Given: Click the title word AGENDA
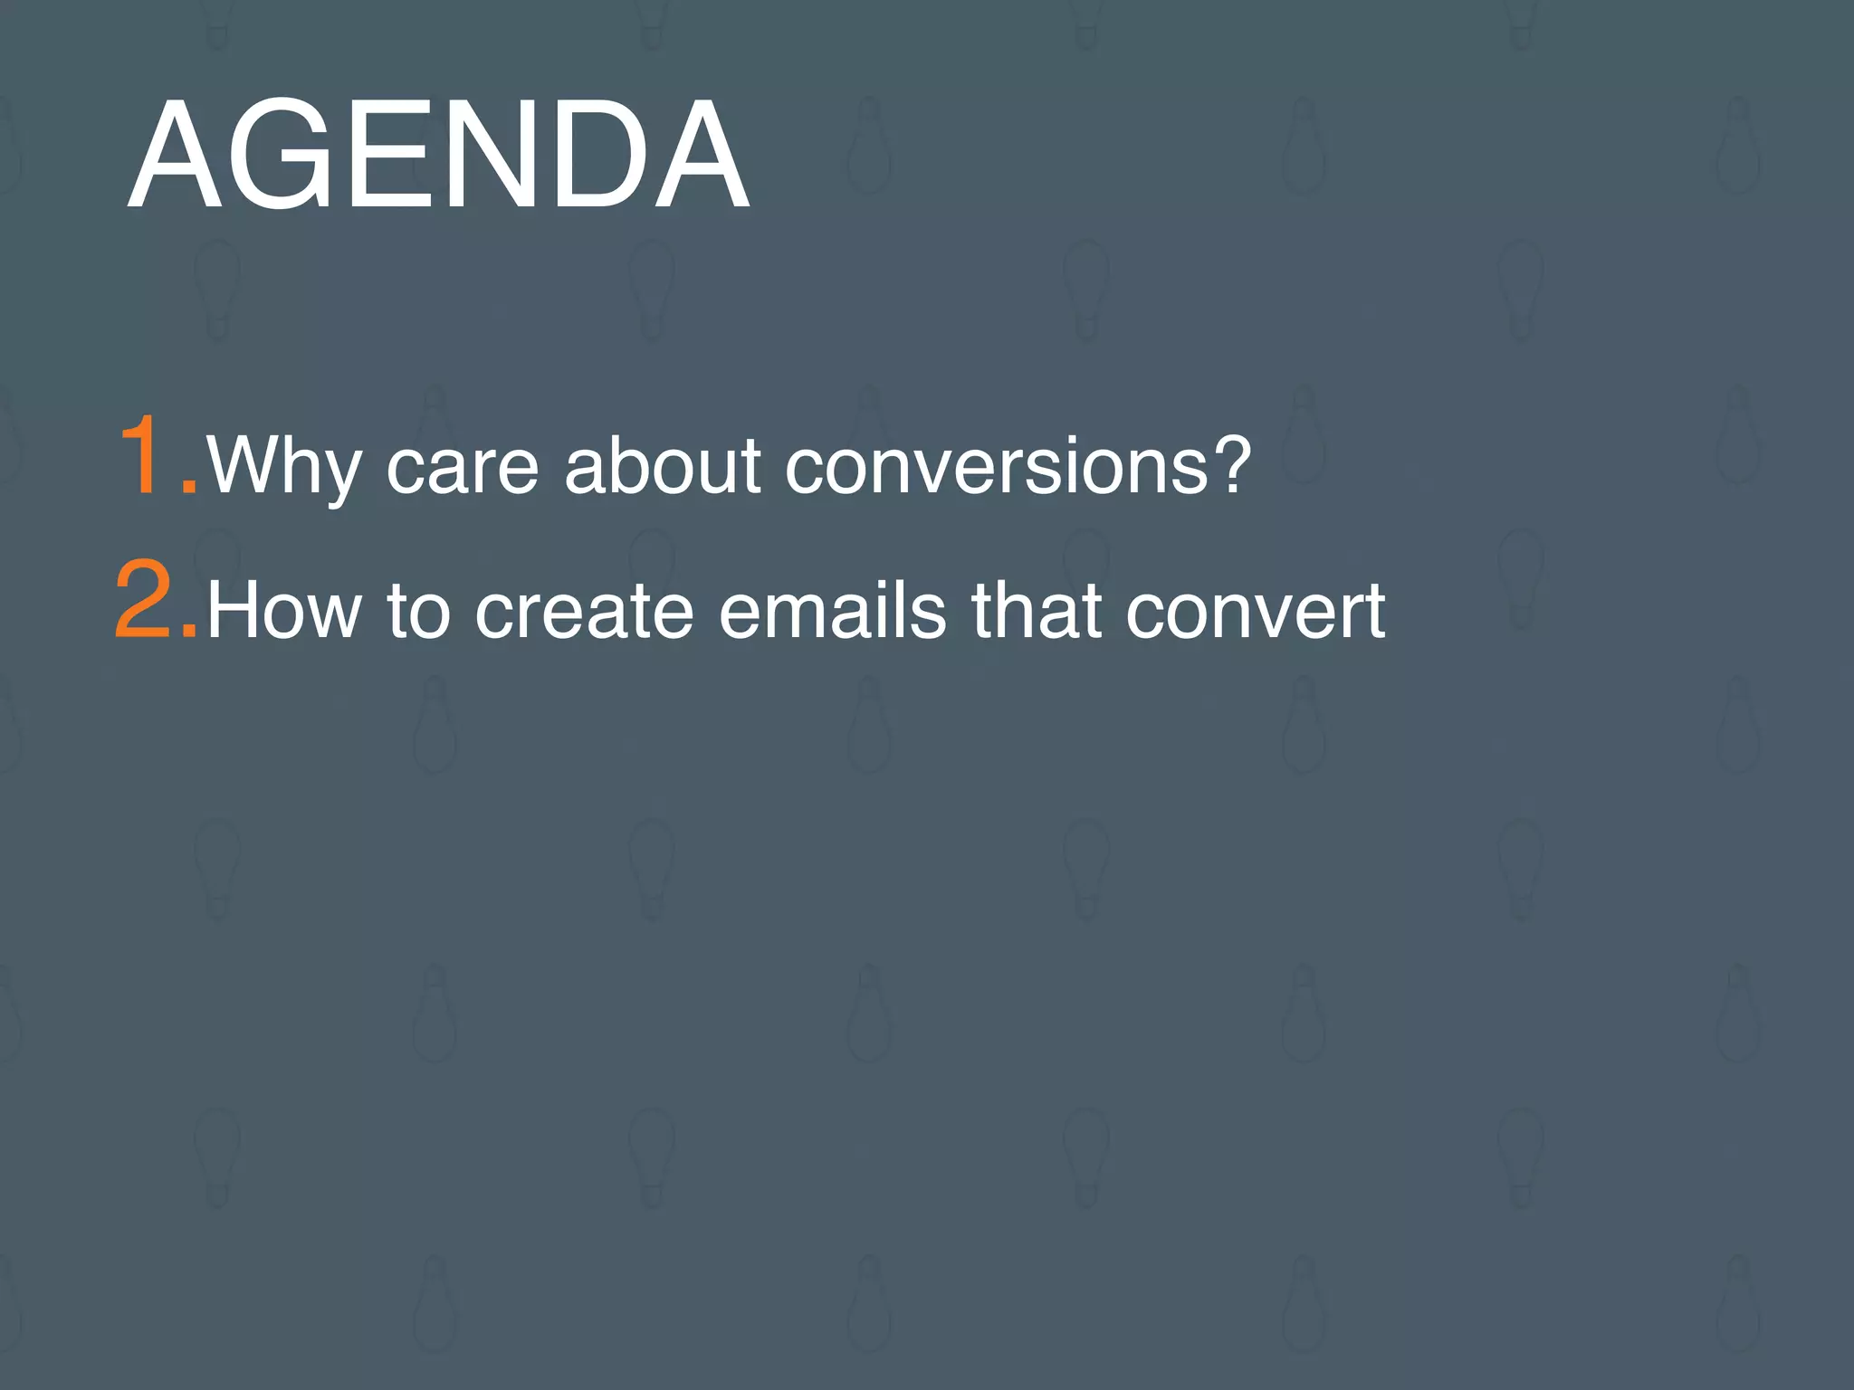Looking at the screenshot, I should coord(438,156).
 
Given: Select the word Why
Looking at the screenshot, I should coord(282,467).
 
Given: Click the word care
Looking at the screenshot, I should coord(463,467).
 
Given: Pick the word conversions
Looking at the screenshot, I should coord(996,467).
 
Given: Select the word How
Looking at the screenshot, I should coord(284,612).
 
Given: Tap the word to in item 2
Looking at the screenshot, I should coord(419,612).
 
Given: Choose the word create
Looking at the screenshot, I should coord(584,612).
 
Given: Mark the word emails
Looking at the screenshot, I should coord(833,612).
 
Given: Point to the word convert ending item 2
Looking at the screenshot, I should coord(1256,612).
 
